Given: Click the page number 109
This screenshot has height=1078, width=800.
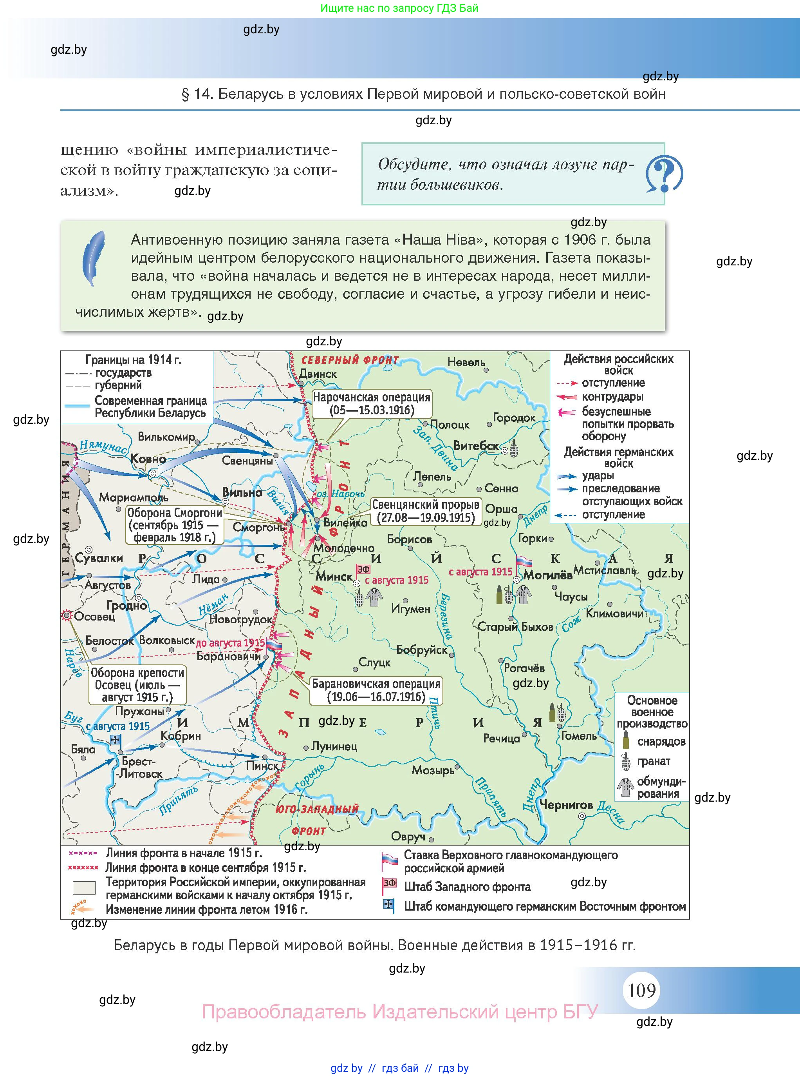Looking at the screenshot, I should [x=642, y=990].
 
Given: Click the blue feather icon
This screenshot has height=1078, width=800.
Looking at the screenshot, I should [x=94, y=258].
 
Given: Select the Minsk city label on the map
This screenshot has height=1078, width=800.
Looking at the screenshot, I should [x=334, y=576].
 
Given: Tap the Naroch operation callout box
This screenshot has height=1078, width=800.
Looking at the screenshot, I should [x=372, y=403].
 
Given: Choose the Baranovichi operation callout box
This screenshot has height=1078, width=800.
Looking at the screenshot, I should [x=376, y=690].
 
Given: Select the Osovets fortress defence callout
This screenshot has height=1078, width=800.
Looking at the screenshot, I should [x=137, y=684].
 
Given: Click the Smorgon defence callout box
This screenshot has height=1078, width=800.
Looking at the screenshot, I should [x=174, y=525].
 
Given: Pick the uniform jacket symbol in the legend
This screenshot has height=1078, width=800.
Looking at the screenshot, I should [x=626, y=787].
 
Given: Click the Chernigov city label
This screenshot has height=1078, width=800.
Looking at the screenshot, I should [x=565, y=805].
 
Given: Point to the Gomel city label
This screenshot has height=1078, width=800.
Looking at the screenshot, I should [x=579, y=736].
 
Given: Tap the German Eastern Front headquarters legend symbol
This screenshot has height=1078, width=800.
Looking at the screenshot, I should [x=388, y=904].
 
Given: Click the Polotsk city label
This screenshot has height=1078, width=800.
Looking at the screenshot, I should [x=450, y=425].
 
